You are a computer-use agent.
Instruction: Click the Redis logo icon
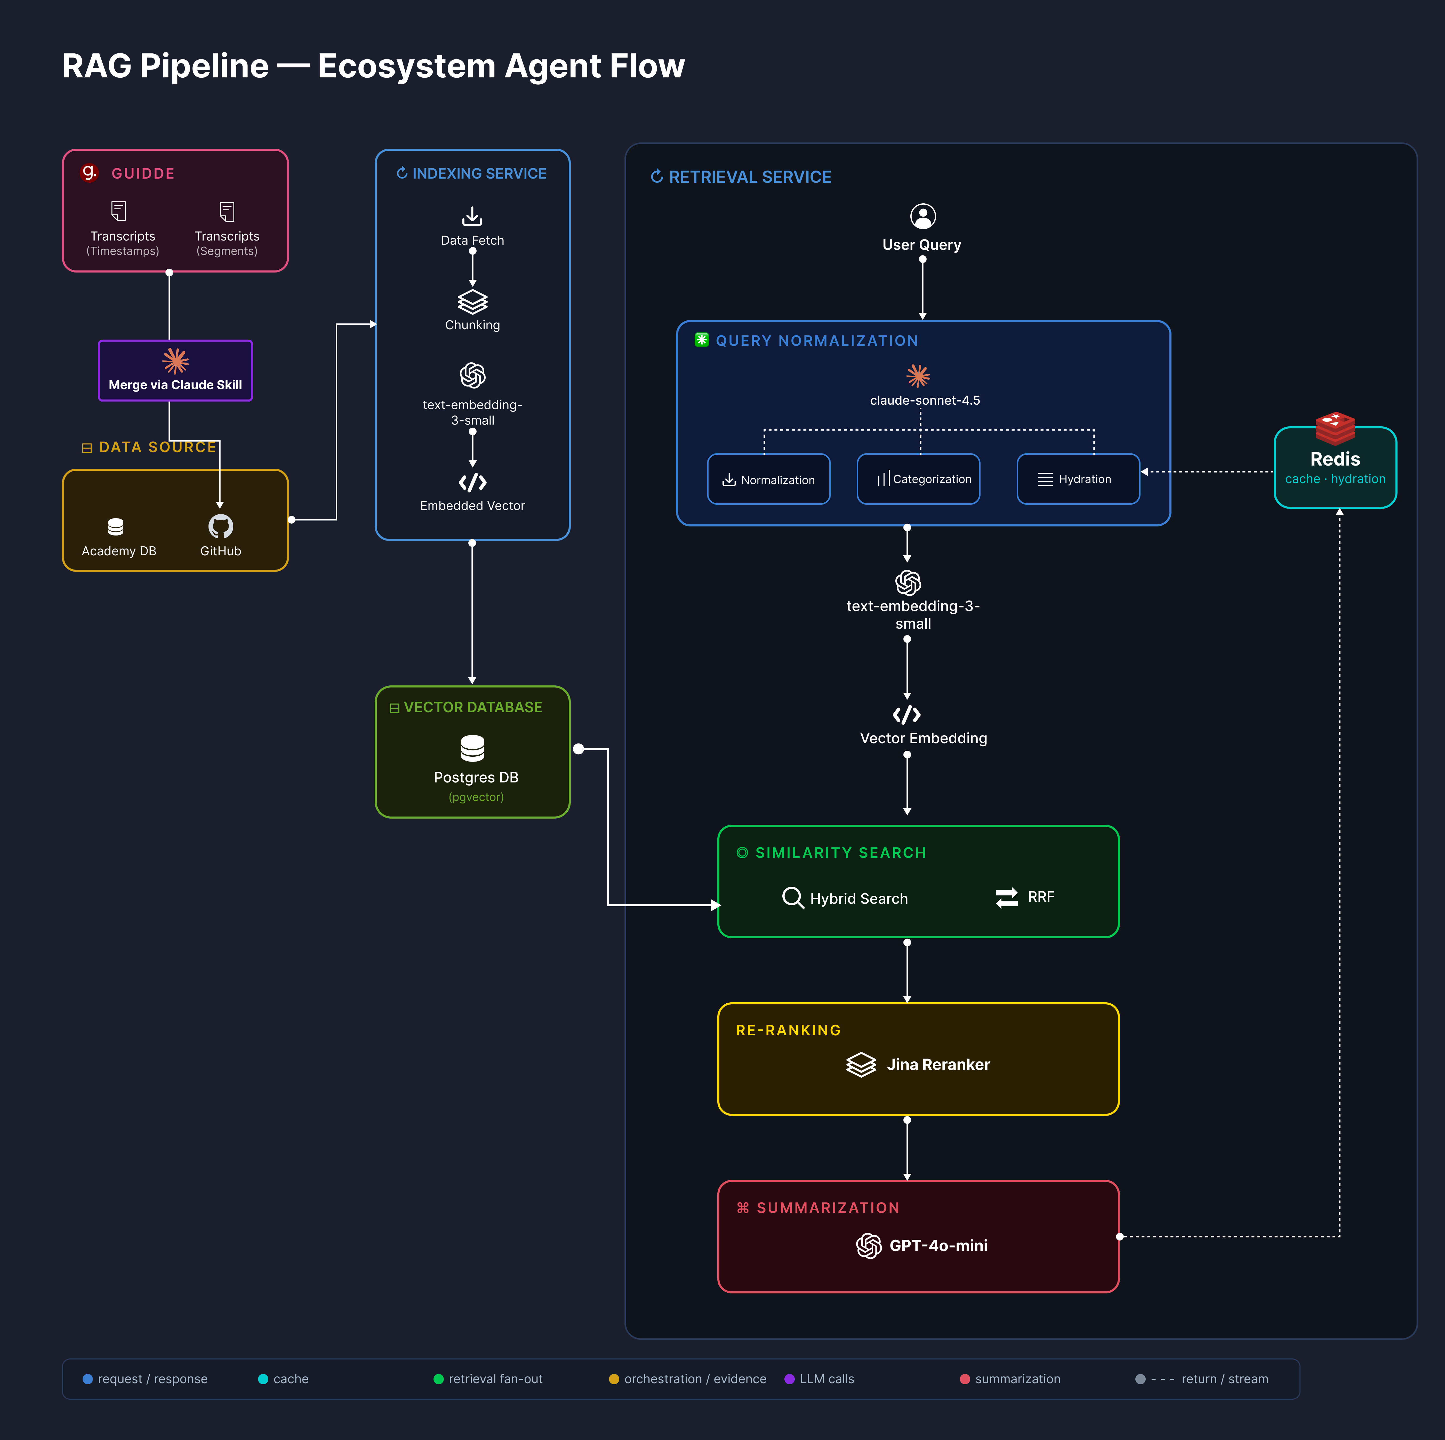coord(1335,428)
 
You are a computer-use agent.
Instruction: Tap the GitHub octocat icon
coord(221,527)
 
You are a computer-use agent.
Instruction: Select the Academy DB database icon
coord(116,527)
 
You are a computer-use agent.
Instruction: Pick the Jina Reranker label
coord(938,1065)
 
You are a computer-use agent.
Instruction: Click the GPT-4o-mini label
coord(938,1245)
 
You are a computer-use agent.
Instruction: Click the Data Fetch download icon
coord(472,216)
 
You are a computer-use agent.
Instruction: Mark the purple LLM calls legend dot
coord(789,1379)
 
